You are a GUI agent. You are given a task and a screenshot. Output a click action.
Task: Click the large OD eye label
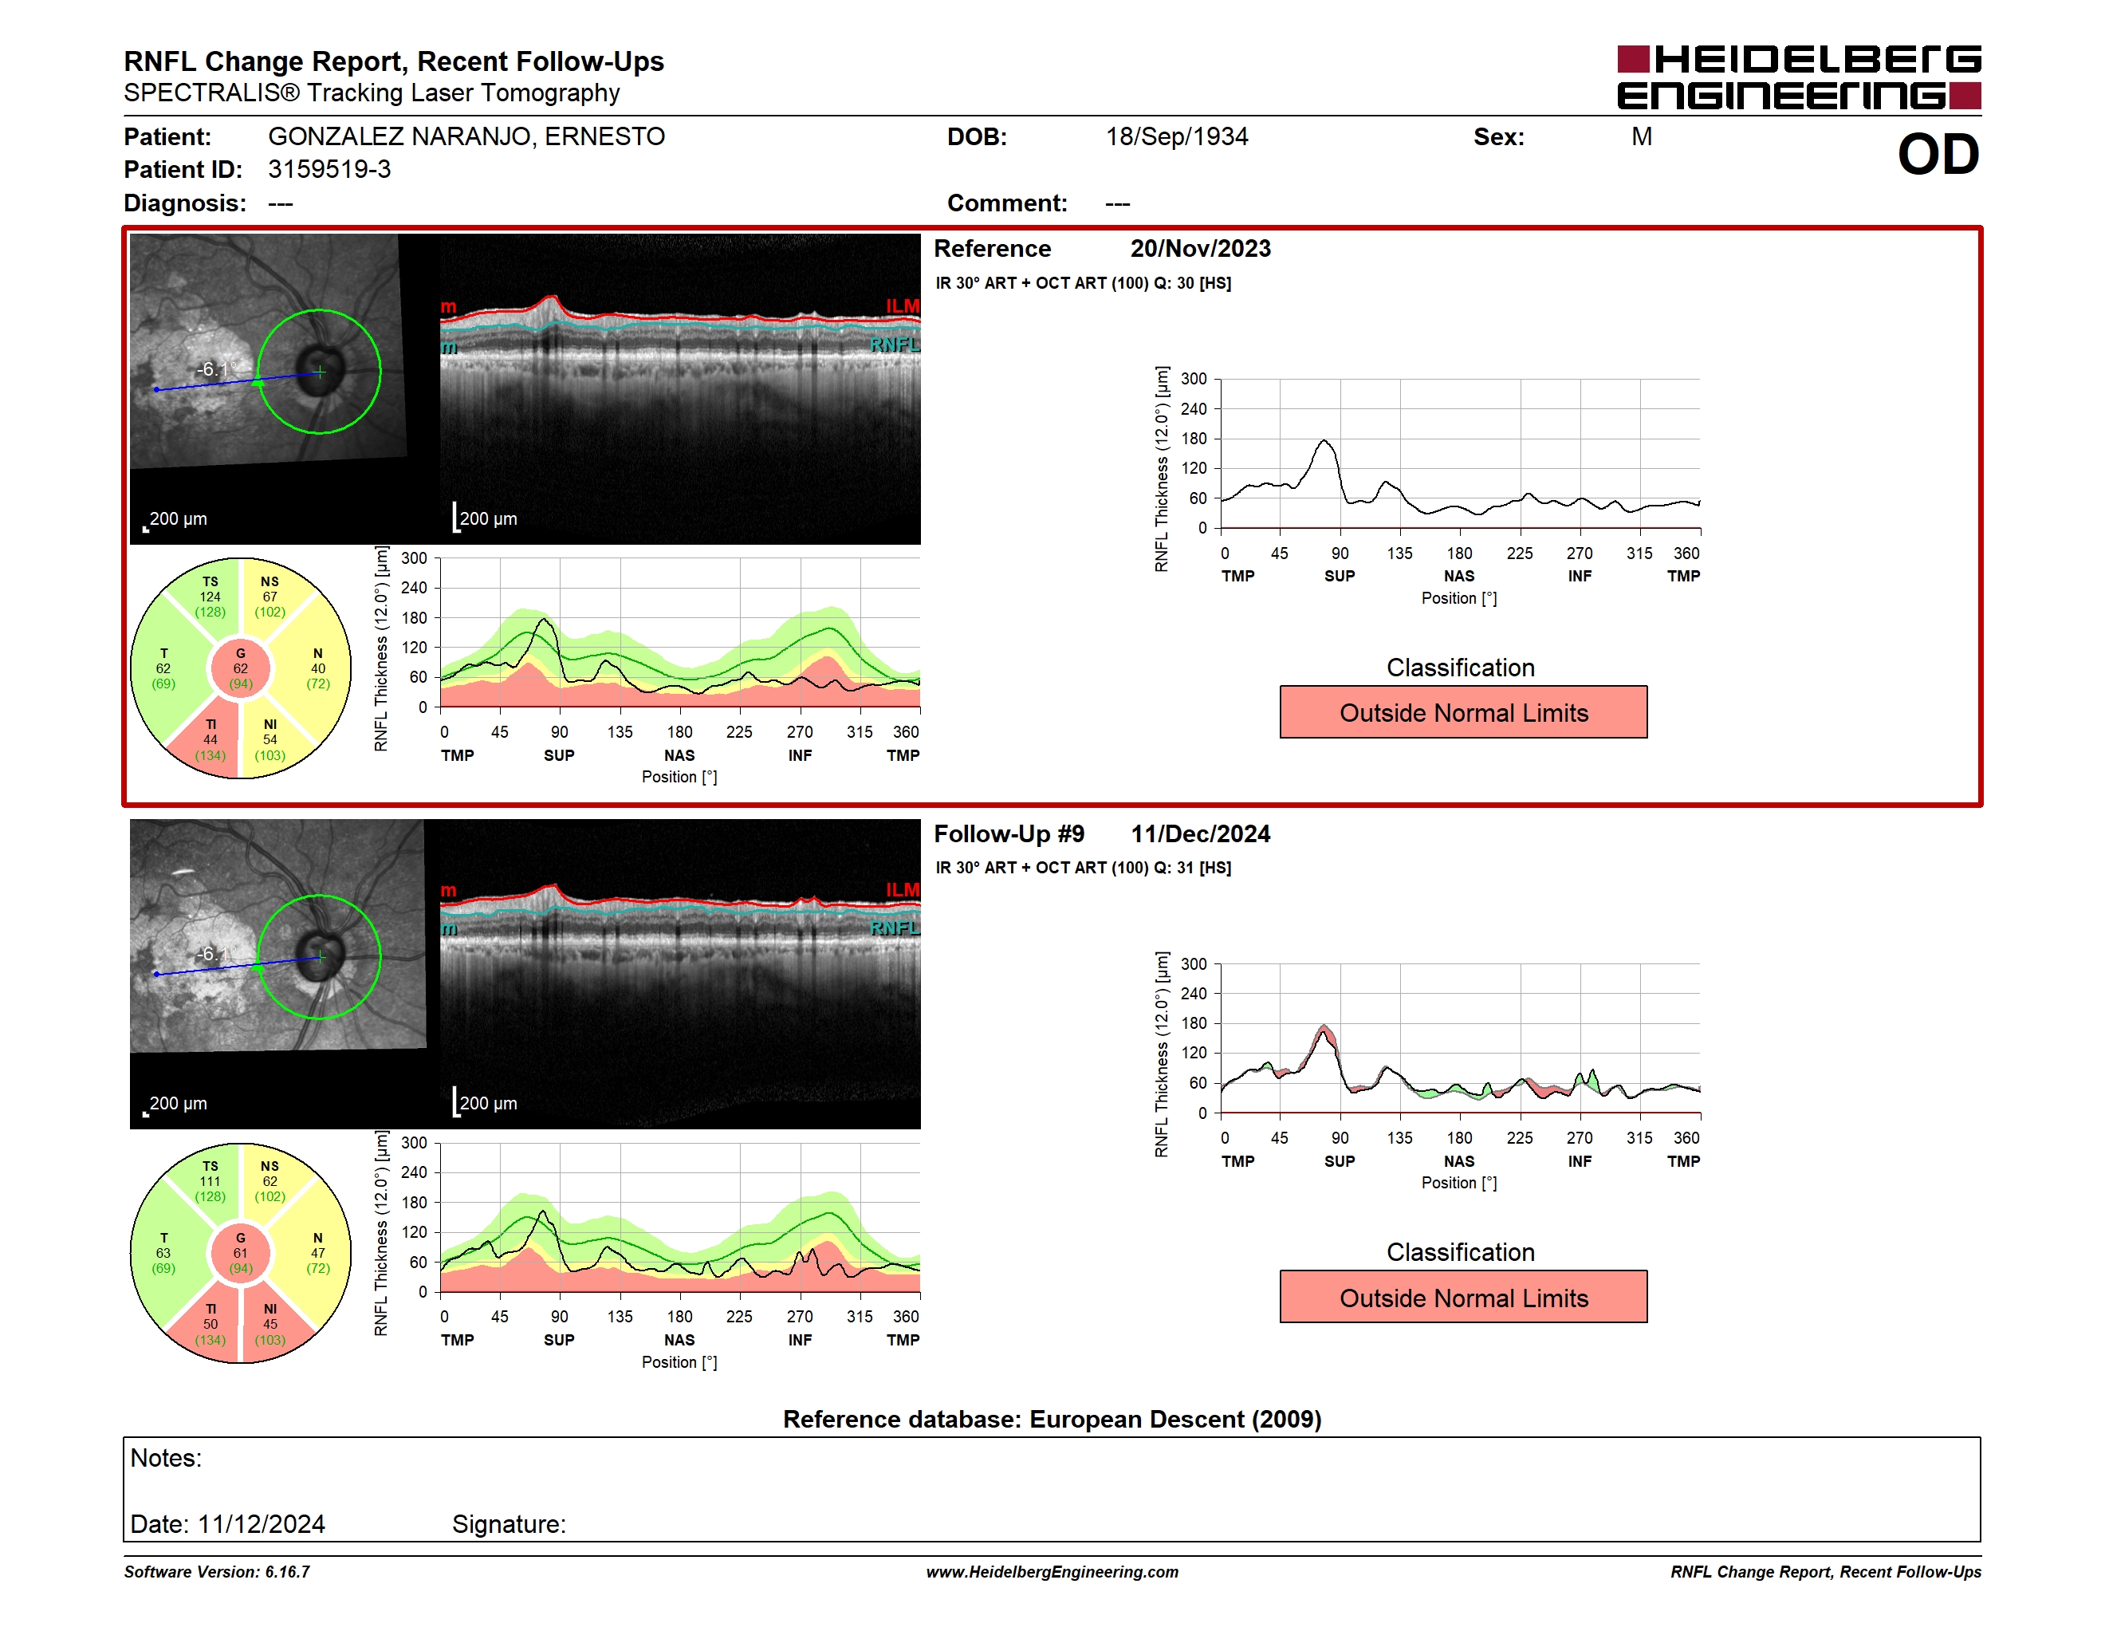tap(1938, 156)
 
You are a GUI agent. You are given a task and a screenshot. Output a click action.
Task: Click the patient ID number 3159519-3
tap(329, 170)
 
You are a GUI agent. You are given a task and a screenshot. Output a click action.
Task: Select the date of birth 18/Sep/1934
tap(1176, 137)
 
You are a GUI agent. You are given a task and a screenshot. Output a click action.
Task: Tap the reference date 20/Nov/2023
tap(1200, 249)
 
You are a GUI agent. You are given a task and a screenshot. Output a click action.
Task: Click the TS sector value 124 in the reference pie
tap(210, 597)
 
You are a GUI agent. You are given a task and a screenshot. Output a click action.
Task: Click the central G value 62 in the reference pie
tap(240, 669)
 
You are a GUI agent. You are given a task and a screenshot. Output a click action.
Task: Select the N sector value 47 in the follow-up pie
tap(318, 1253)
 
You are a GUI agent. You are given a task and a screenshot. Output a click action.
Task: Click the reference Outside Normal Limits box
tap(1463, 712)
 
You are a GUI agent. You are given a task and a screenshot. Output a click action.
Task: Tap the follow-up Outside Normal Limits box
tap(1463, 1298)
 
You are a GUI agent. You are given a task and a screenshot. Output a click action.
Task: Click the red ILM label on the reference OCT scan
tap(902, 306)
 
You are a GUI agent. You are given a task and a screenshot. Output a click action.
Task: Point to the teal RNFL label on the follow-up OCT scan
tap(895, 928)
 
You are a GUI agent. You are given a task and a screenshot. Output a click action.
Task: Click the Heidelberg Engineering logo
tap(1799, 77)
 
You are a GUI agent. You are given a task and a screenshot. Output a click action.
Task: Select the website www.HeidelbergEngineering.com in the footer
tap(1052, 1572)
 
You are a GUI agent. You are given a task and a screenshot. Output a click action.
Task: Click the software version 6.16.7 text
tap(287, 1572)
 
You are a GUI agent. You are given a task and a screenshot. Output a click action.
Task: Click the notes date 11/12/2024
tap(262, 1524)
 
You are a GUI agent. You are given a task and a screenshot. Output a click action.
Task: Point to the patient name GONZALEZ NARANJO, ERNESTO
tap(466, 137)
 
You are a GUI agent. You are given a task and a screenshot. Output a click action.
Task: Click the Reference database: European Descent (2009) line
tap(1052, 1420)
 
